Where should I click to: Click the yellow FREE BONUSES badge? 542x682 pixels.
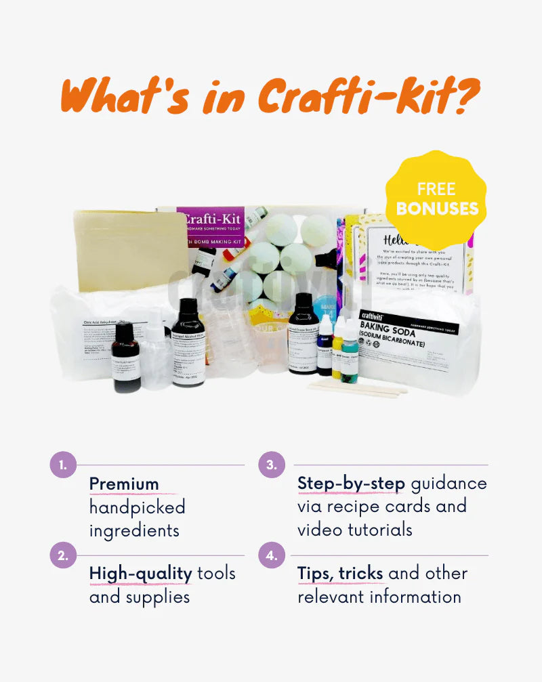click(x=437, y=198)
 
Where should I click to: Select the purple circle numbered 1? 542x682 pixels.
click(x=63, y=465)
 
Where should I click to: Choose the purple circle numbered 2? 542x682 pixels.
click(x=63, y=556)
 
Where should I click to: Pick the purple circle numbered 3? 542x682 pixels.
click(x=272, y=465)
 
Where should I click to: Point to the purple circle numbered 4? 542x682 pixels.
click(x=272, y=556)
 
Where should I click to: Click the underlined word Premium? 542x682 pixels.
click(x=124, y=484)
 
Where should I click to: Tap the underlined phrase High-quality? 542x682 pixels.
click(x=141, y=574)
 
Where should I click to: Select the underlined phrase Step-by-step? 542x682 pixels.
click(x=351, y=484)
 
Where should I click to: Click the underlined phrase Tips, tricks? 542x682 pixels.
click(x=340, y=574)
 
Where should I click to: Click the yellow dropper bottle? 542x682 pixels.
click(x=337, y=352)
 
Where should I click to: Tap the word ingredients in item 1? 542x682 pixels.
click(x=135, y=530)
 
